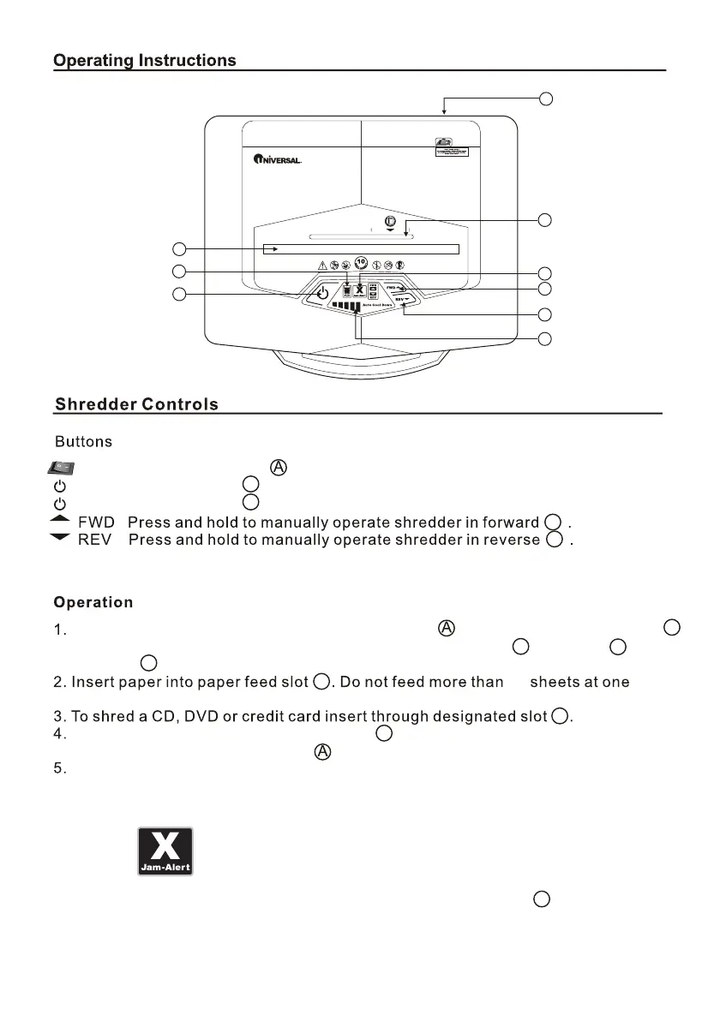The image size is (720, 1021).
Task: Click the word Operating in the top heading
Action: click(93, 60)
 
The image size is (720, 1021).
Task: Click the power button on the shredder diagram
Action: click(322, 293)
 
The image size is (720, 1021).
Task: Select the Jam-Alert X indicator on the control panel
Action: click(360, 290)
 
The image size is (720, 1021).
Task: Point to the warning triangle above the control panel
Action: click(321, 266)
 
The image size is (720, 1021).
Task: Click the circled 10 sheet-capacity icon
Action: click(361, 264)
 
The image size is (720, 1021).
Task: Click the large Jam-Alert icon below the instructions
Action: click(165, 851)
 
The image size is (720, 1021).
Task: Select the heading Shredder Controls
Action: click(136, 404)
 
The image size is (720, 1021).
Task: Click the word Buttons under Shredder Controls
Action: click(83, 442)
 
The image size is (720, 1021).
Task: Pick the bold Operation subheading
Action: click(93, 602)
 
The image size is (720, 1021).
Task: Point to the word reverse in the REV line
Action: click(516, 540)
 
